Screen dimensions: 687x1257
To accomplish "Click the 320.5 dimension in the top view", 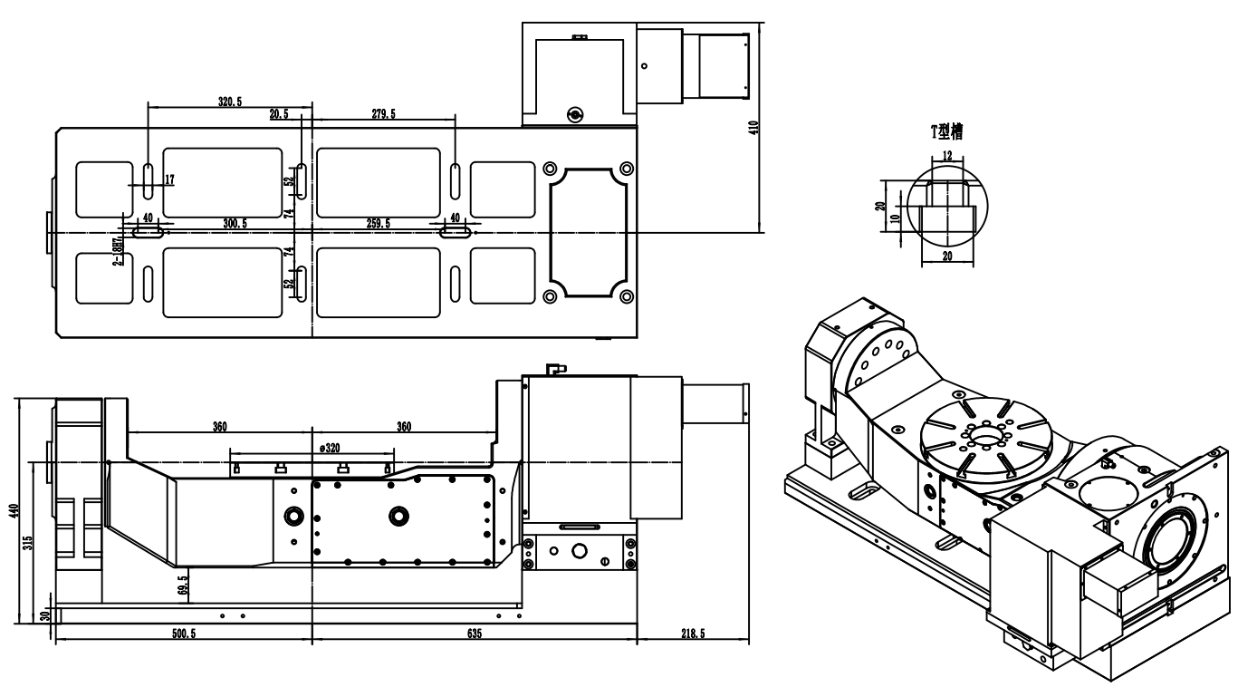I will (230, 102).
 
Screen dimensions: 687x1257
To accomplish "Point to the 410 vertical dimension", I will (753, 126).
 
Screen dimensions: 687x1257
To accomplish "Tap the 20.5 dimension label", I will (279, 114).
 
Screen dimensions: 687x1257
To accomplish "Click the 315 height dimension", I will (29, 542).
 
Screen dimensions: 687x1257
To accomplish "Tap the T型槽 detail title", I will (947, 131).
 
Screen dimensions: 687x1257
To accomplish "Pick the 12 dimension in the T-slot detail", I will (947, 156).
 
